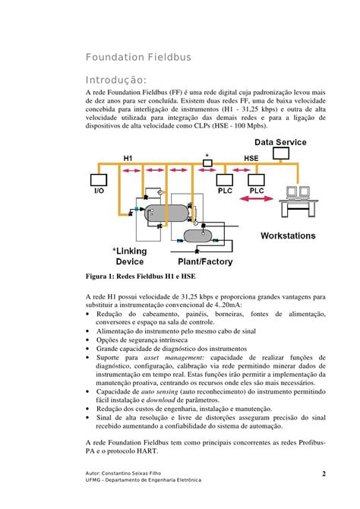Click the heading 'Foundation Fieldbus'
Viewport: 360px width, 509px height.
pyautogui.click(x=137, y=57)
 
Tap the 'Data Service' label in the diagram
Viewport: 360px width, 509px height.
pyautogui.click(x=280, y=142)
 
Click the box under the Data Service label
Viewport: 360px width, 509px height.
pyautogui.click(x=282, y=153)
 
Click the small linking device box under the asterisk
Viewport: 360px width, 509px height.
pyautogui.click(x=207, y=166)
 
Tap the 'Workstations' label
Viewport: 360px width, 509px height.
pyautogui.click(x=288, y=236)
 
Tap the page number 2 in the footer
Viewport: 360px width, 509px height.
pyautogui.click(x=324, y=475)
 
